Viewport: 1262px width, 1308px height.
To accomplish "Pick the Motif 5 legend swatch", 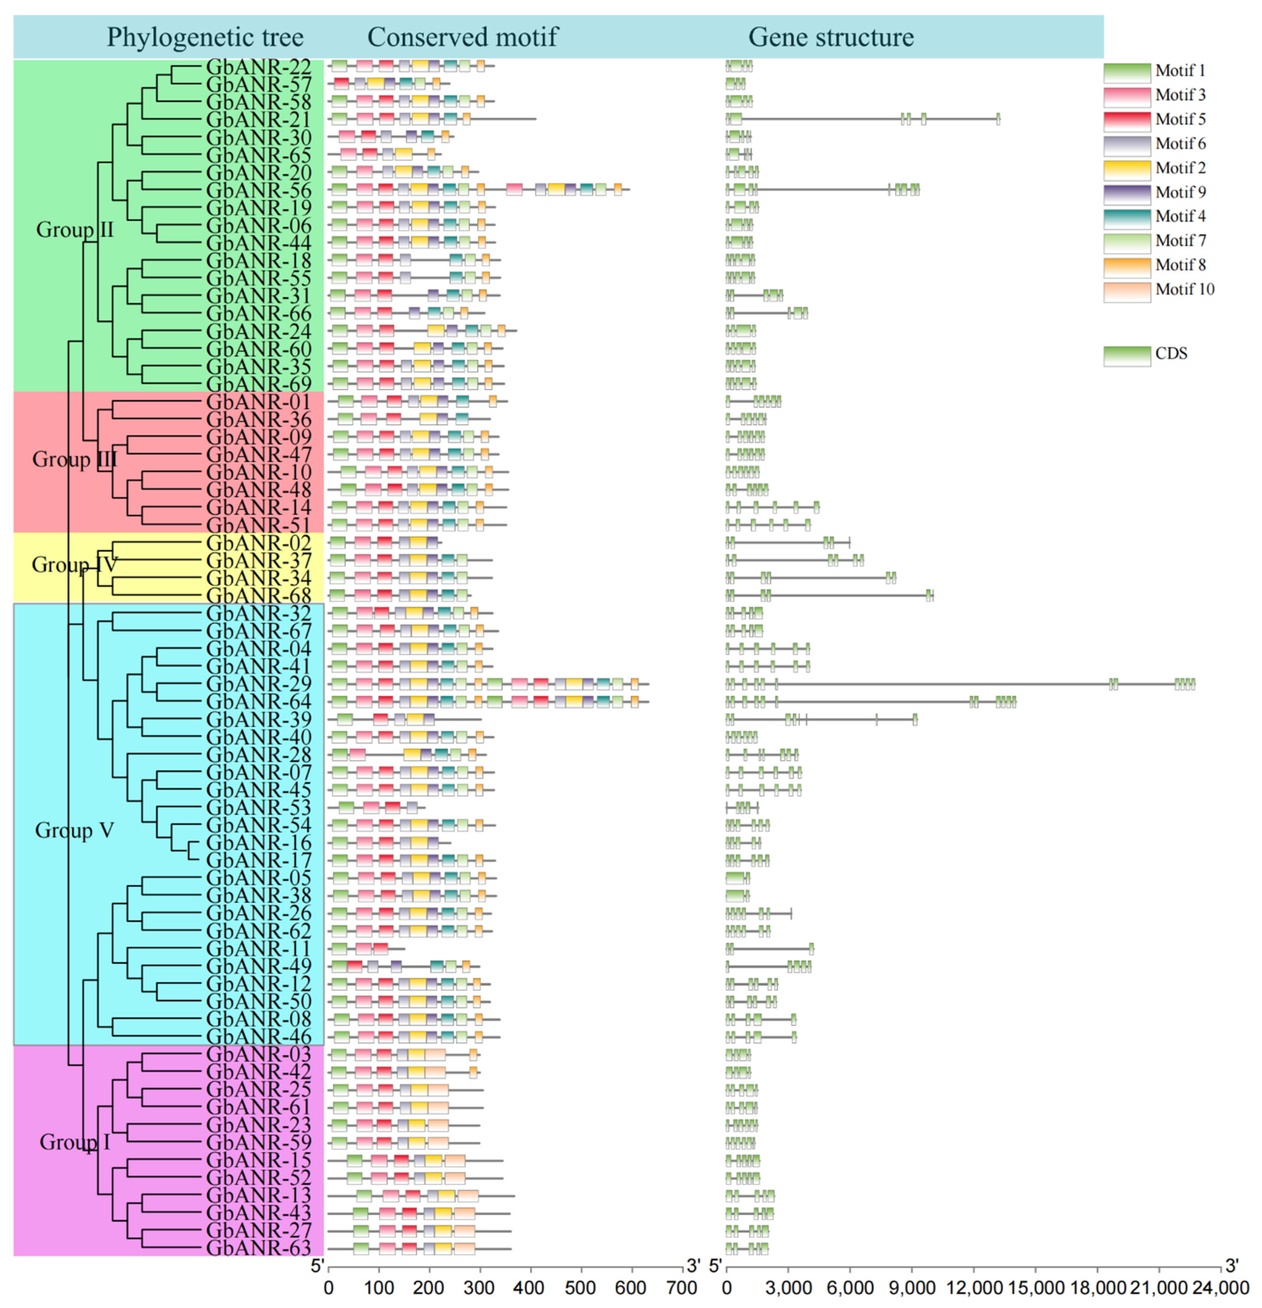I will [x=1126, y=120].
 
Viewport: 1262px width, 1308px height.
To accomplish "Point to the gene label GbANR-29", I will [x=259, y=684].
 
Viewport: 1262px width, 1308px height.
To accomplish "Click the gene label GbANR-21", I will [x=259, y=120].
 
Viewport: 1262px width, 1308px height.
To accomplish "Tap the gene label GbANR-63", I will [x=259, y=1248].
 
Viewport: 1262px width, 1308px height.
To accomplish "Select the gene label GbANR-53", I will [x=259, y=807].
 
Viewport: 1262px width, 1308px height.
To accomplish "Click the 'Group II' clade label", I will [x=75, y=229].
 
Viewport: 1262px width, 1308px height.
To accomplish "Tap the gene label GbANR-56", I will [x=259, y=190].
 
